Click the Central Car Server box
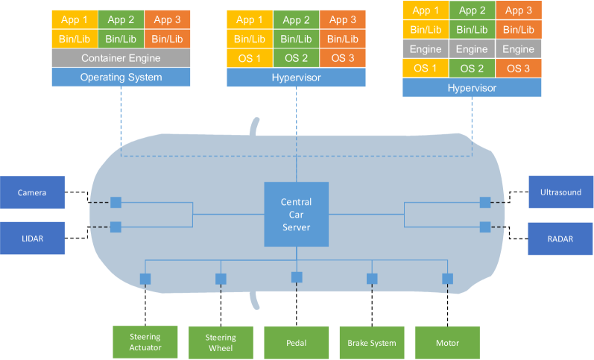(x=296, y=214)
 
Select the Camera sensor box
(x=32, y=192)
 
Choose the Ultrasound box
(x=560, y=192)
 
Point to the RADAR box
(x=560, y=238)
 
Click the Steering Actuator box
(x=145, y=342)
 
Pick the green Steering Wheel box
(x=221, y=342)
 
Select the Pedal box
(x=296, y=342)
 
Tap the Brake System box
(x=371, y=342)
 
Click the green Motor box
(x=447, y=342)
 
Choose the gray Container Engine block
(x=121, y=57)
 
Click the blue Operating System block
(x=121, y=77)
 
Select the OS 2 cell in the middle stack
(x=297, y=58)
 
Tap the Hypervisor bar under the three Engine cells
(x=472, y=88)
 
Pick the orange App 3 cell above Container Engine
(x=167, y=20)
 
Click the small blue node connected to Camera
(x=116, y=202)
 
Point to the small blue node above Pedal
(x=297, y=277)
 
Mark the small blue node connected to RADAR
(x=485, y=227)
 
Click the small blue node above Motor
(x=447, y=278)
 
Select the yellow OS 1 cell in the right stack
(x=424, y=68)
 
